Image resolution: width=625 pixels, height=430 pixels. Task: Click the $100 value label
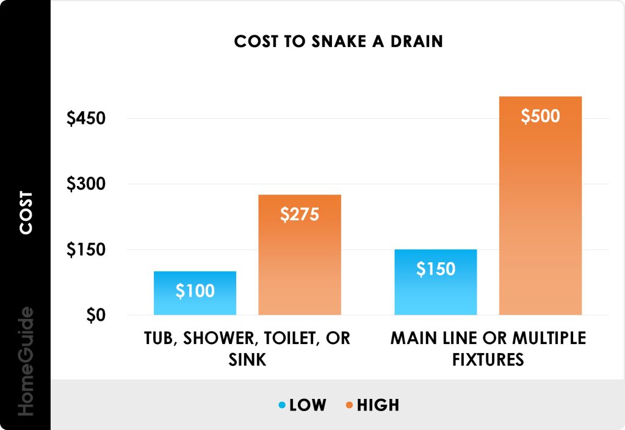pos(195,292)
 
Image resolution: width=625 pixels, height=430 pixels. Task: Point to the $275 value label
pos(300,215)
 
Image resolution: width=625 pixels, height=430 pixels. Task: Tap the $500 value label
pos(540,116)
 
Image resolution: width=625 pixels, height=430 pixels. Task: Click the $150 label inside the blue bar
pos(436,269)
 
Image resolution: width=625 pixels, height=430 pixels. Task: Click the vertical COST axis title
pos(26,213)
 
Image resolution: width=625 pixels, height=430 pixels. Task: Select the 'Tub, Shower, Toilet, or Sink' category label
pos(247,348)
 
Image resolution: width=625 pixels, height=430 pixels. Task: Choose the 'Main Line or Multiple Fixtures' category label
pos(488,348)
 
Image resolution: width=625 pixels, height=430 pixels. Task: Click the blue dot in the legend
pos(281,405)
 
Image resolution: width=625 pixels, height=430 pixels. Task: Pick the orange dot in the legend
pos(348,405)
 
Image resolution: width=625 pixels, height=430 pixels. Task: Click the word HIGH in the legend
pos(378,405)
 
